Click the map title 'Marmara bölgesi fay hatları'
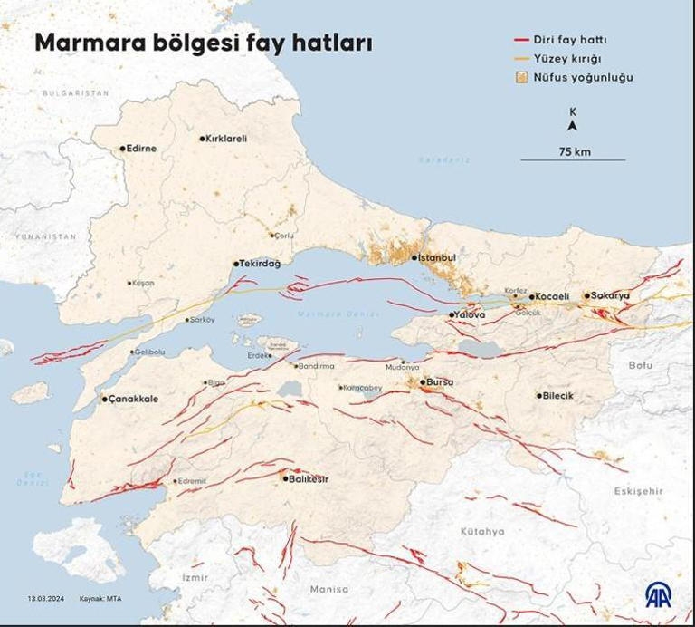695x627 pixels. [x=203, y=43]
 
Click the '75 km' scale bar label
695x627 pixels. [x=574, y=151]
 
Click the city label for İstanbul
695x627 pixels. [x=437, y=257]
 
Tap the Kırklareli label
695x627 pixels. [x=226, y=139]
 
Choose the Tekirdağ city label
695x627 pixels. [x=261, y=263]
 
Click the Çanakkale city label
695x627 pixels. [x=135, y=399]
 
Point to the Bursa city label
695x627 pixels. [x=440, y=382]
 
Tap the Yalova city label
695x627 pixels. [x=471, y=314]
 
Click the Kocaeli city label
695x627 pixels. [x=552, y=296]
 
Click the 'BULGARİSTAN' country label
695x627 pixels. [x=76, y=93]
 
